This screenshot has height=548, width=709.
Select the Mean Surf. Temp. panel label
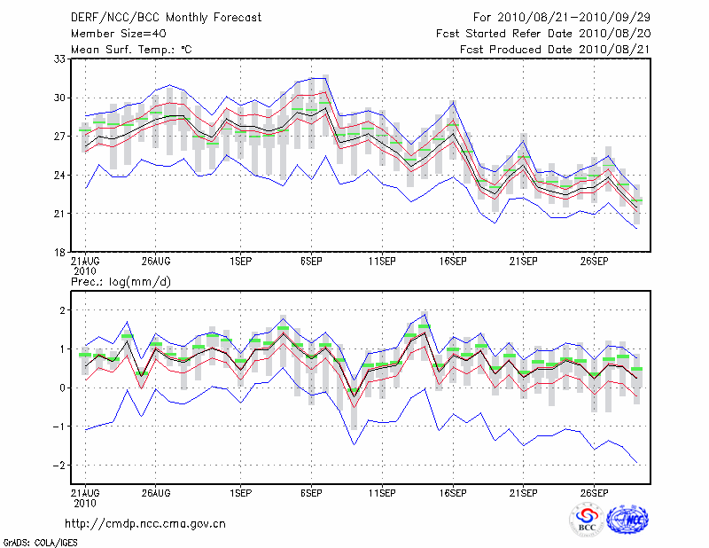131,50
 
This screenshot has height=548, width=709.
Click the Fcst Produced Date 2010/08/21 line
555,50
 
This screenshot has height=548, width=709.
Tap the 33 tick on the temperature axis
61,59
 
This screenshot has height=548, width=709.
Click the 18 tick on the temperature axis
61,253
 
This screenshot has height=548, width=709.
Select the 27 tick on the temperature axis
61,137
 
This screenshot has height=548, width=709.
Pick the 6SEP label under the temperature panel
311,262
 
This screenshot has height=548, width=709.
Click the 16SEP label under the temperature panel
453,262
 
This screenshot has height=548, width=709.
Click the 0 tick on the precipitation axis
63,388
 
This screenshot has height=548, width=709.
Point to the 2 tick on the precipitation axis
63,310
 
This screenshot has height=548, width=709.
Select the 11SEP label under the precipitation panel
382,494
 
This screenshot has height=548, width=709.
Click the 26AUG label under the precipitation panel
155,494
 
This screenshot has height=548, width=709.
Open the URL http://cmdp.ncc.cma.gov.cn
145,523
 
